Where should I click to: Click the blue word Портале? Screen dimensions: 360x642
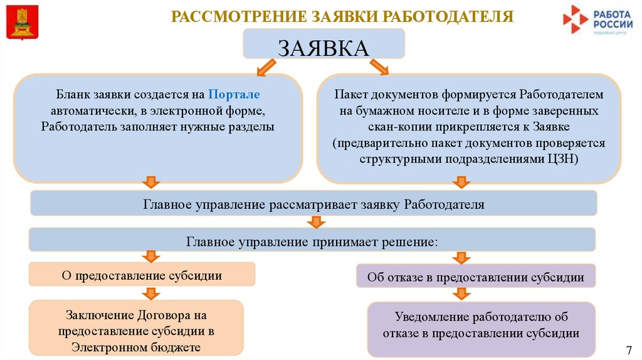point(234,95)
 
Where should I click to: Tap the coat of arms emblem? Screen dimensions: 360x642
point(22,21)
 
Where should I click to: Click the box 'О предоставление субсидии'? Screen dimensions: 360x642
point(142,274)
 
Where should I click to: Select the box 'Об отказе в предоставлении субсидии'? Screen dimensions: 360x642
point(476,276)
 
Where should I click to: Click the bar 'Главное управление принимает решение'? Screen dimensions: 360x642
point(312,240)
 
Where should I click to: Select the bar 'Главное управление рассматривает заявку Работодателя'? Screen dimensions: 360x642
point(313,204)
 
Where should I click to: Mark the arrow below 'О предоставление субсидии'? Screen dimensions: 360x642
point(150,293)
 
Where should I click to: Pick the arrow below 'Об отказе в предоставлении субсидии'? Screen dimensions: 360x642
point(462,294)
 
